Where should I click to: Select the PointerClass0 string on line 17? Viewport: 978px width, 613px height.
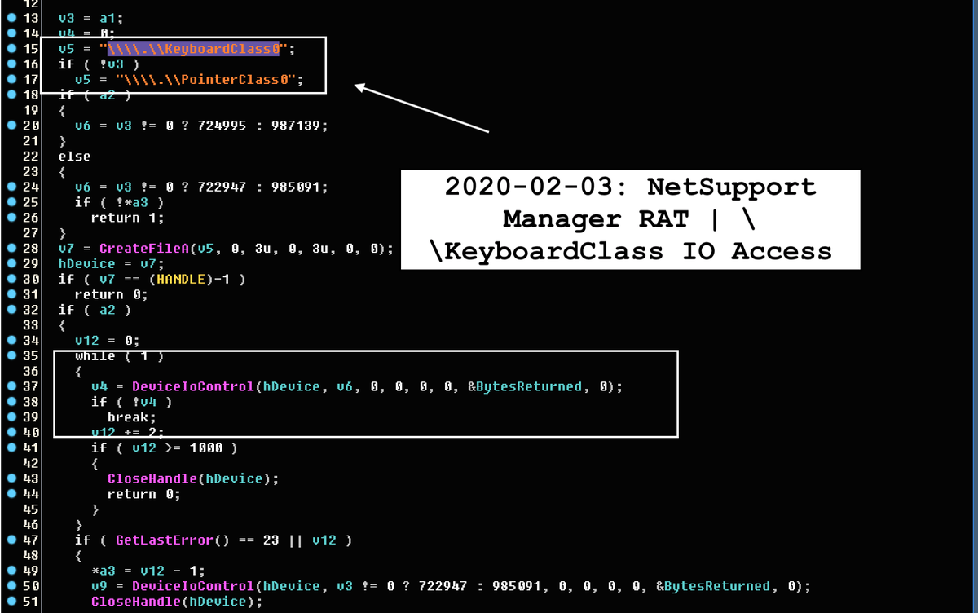(x=209, y=80)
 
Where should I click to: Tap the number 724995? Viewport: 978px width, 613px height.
(x=207, y=126)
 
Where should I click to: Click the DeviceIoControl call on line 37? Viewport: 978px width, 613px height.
(x=192, y=386)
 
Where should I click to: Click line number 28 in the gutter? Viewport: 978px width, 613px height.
(x=30, y=249)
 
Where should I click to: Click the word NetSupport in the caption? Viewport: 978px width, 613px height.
(x=731, y=187)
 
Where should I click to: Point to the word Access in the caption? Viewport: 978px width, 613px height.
(x=782, y=251)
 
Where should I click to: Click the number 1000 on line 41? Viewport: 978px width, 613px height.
(x=206, y=448)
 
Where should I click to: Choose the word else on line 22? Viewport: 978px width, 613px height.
(x=74, y=157)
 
